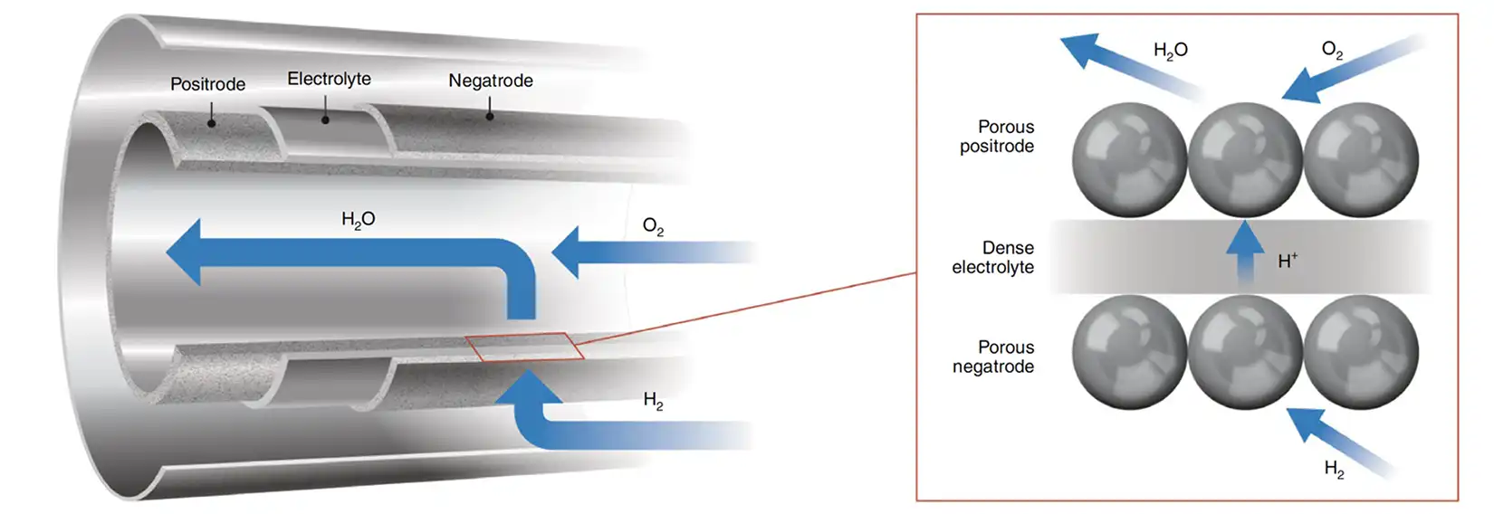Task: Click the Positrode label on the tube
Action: coord(207,84)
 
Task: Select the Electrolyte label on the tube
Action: coord(329,79)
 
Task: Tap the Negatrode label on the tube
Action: coord(490,81)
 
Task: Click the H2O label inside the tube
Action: coord(358,219)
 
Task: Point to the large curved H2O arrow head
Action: coord(186,252)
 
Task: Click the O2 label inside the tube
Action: coord(653,226)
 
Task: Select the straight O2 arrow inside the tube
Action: coord(634,252)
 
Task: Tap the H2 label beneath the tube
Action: coord(653,400)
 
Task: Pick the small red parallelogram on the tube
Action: coord(524,347)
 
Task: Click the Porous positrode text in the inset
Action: coord(997,137)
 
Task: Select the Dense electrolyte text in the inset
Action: coord(993,257)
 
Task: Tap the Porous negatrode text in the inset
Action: coord(993,357)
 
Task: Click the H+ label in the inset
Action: coord(1287,261)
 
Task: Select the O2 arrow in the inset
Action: coord(1349,71)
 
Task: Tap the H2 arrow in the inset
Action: coord(1336,439)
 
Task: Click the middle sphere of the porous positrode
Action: coord(1245,159)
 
